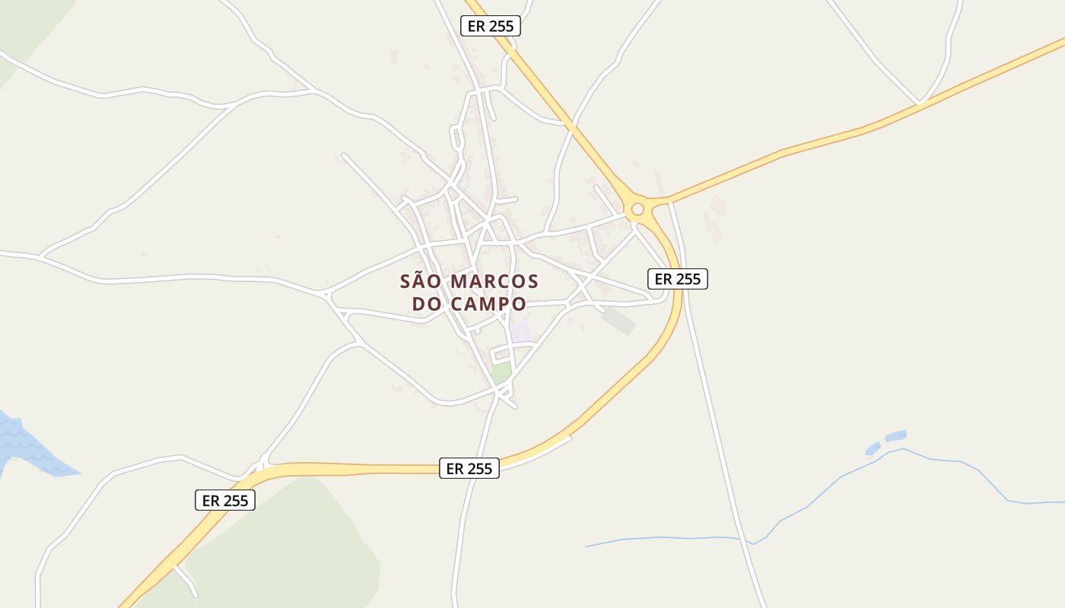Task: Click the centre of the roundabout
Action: (637, 209)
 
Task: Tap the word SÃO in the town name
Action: (421, 281)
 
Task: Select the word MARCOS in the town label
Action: (494, 281)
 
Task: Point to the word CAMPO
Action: (488, 304)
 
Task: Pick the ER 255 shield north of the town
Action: (491, 26)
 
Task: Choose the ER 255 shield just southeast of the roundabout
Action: (678, 279)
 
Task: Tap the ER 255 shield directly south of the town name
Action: (469, 468)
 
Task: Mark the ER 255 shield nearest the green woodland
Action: (225, 500)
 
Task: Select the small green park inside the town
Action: (501, 372)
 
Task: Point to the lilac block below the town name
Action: (521, 331)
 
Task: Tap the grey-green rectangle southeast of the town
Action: (618, 321)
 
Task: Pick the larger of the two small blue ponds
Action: (896, 436)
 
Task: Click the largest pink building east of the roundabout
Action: (713, 227)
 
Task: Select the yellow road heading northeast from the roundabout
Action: (837, 137)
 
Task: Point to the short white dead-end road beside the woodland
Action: (187, 581)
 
